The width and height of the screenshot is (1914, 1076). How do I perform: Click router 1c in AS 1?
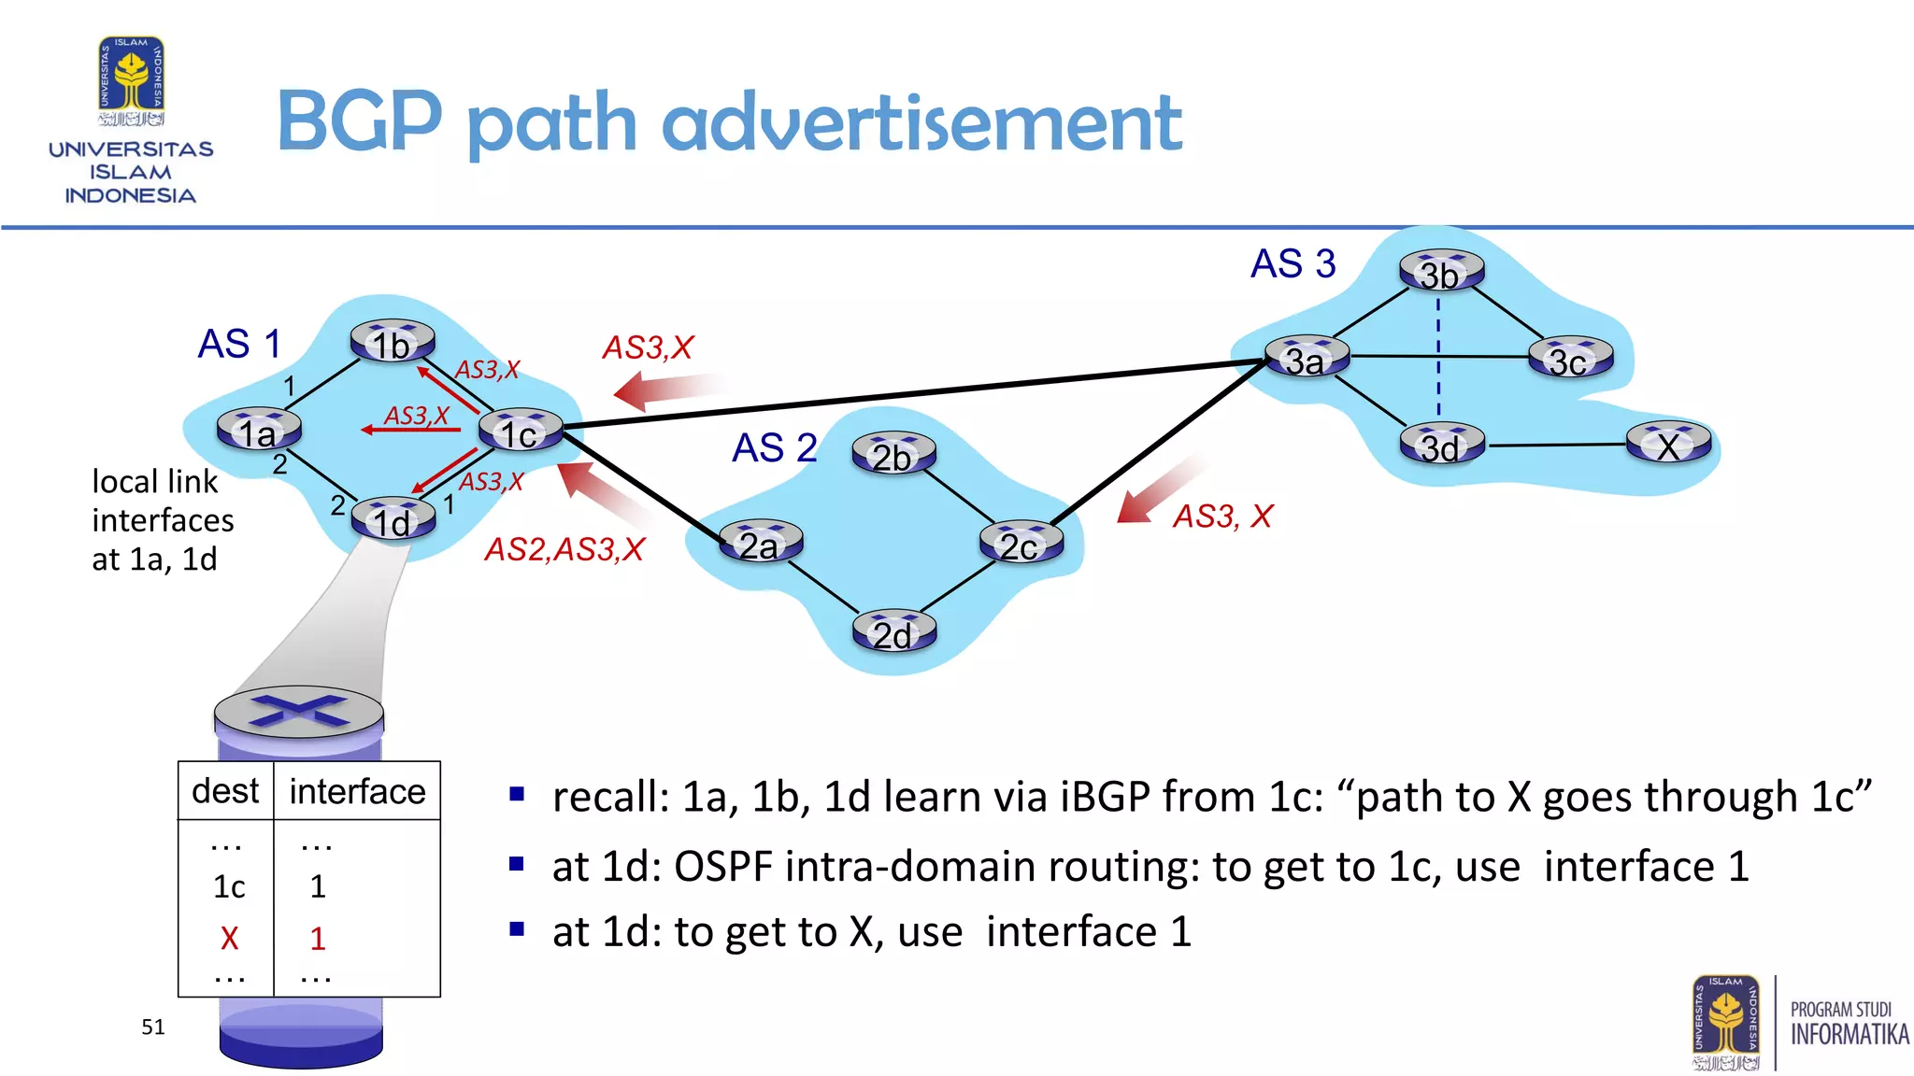point(521,431)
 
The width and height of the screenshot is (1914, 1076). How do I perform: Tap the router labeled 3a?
point(1307,358)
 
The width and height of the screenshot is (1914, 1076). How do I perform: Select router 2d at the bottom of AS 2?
point(893,632)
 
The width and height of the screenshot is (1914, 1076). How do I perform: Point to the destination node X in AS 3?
point(1668,444)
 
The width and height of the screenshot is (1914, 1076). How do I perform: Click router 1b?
point(393,343)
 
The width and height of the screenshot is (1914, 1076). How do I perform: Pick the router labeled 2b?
point(893,455)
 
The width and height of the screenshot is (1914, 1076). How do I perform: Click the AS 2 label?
point(774,448)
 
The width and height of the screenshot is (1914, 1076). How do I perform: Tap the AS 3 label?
point(1293,264)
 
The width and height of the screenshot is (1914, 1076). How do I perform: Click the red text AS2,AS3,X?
point(564,549)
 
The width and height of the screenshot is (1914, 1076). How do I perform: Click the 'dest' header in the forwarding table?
point(225,791)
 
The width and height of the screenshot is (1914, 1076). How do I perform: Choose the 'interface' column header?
point(357,792)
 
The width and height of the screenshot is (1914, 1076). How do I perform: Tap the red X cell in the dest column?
point(229,938)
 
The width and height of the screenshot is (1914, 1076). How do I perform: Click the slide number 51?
point(153,1027)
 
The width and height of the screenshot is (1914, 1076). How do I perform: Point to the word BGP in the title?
point(359,121)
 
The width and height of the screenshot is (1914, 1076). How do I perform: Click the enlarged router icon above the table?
point(299,715)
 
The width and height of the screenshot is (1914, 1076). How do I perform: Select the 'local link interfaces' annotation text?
point(163,520)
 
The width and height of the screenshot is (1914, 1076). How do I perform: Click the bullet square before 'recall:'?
point(517,795)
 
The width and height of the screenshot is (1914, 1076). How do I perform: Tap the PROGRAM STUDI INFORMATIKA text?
point(1849,1024)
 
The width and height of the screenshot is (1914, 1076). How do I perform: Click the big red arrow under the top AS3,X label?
point(665,389)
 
